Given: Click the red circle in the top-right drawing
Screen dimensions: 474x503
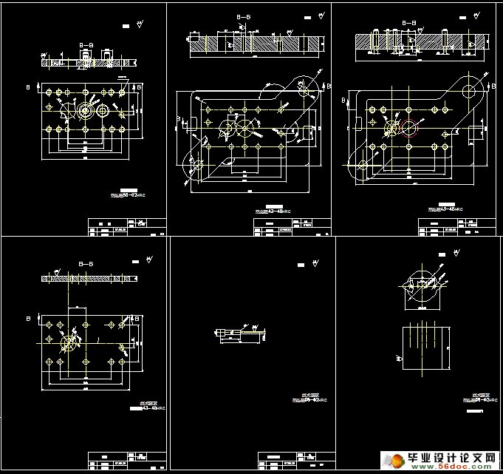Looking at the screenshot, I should [411, 129].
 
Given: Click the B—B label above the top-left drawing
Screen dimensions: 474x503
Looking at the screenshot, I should [86, 45].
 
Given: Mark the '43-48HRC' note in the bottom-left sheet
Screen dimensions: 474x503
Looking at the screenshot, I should [145, 407].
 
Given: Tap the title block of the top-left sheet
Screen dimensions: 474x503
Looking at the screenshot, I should [126, 226].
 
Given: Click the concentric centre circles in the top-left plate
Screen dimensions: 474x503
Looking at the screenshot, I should [85, 111].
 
